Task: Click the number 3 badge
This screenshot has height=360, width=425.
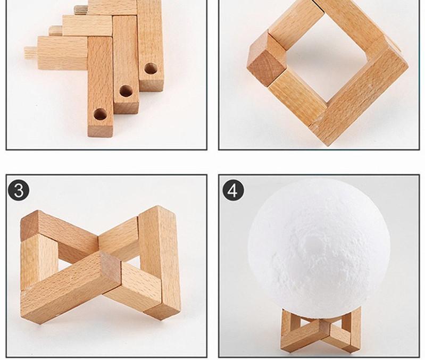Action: coord(19,190)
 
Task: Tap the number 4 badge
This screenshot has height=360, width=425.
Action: coord(232,190)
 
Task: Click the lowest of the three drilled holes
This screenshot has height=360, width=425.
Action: coord(99,113)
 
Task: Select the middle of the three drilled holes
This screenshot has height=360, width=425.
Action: coord(126,91)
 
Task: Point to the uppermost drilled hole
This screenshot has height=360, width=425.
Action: coord(151,69)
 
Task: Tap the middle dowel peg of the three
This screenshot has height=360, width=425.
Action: coord(56,31)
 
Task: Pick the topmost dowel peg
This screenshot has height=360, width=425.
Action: coord(81,9)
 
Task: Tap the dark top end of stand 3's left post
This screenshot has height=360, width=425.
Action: coord(31,223)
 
